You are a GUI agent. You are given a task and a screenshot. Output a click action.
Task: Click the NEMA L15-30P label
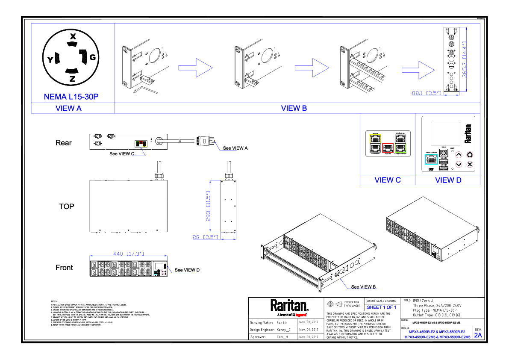(x=71, y=97)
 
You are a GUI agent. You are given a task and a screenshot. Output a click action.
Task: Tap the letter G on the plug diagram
(x=93, y=57)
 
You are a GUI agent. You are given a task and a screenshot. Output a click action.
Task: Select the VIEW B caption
(x=294, y=108)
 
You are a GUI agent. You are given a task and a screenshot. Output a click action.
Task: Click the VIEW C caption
(x=387, y=180)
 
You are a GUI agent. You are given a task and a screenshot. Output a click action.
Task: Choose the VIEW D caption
(x=448, y=180)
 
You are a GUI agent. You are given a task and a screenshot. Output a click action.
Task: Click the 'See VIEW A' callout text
(x=235, y=148)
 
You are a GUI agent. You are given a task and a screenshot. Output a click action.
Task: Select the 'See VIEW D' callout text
(x=187, y=270)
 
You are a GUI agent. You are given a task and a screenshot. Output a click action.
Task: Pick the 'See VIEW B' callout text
(x=364, y=287)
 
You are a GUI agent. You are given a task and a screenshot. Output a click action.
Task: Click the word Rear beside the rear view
(x=64, y=143)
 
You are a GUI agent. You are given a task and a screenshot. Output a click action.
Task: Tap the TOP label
(x=66, y=207)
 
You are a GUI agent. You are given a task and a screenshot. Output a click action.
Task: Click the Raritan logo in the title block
(x=289, y=307)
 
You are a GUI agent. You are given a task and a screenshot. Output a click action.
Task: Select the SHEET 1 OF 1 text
(x=382, y=307)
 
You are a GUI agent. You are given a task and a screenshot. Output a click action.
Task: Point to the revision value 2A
(x=478, y=336)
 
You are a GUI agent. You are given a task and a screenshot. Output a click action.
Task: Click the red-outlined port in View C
(x=387, y=148)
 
